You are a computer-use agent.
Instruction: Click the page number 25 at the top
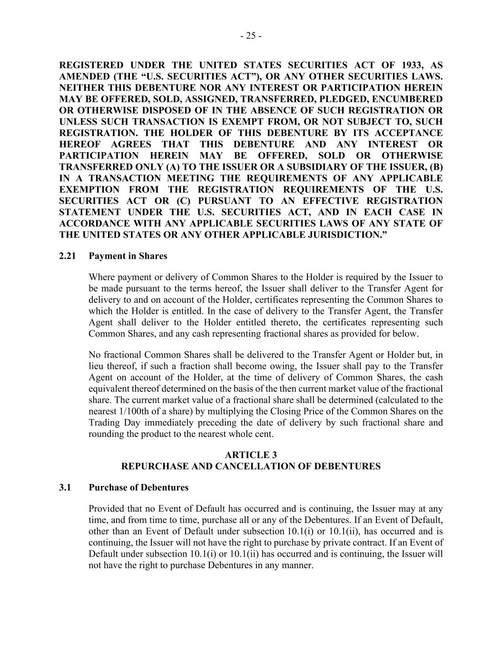[x=251, y=36]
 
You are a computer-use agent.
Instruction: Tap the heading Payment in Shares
[x=128, y=256]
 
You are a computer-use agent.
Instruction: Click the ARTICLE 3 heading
[x=251, y=455]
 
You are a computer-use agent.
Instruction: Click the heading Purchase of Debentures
[x=138, y=488]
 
